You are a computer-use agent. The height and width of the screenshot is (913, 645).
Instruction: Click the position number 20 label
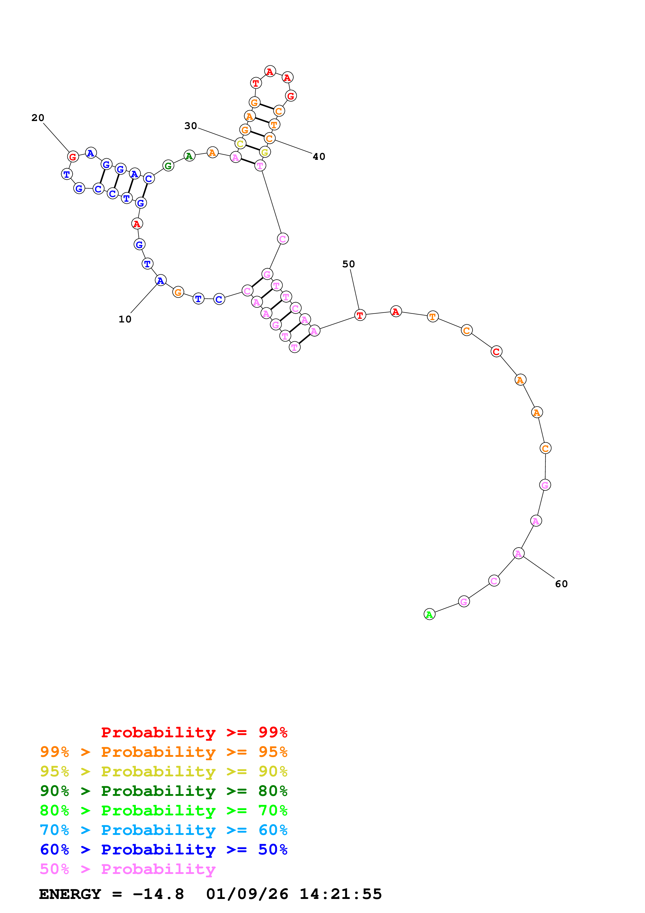tap(38, 118)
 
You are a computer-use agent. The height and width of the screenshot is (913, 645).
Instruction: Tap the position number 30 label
tap(191, 126)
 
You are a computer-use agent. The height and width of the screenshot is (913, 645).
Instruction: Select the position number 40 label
tap(319, 157)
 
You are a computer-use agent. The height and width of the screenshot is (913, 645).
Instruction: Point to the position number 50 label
tap(349, 264)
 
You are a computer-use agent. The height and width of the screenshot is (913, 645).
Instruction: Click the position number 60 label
tap(561, 584)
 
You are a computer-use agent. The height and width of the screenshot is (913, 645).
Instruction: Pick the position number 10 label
tap(125, 319)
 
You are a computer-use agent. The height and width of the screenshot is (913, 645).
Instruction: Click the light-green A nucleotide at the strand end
tap(429, 614)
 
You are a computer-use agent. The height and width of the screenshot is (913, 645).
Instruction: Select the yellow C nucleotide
tap(240, 144)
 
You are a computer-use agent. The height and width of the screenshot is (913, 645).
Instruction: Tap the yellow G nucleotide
tap(265, 152)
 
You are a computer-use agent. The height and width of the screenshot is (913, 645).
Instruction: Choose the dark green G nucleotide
tap(168, 166)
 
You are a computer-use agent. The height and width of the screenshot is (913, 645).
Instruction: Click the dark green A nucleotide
tap(189, 156)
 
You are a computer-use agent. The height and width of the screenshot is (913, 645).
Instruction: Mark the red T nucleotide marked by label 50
tap(360, 315)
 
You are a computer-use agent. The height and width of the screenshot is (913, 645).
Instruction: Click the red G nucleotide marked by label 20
tap(73, 157)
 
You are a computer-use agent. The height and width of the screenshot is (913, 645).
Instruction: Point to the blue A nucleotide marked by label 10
tap(160, 280)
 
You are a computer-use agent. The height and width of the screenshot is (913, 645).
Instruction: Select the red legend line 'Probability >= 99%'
tap(194, 732)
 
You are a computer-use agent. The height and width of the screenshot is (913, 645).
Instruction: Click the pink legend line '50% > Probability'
tap(127, 869)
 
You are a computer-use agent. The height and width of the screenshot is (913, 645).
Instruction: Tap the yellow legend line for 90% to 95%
tap(163, 771)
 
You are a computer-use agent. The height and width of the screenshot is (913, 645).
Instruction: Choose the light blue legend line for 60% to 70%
tap(163, 830)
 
